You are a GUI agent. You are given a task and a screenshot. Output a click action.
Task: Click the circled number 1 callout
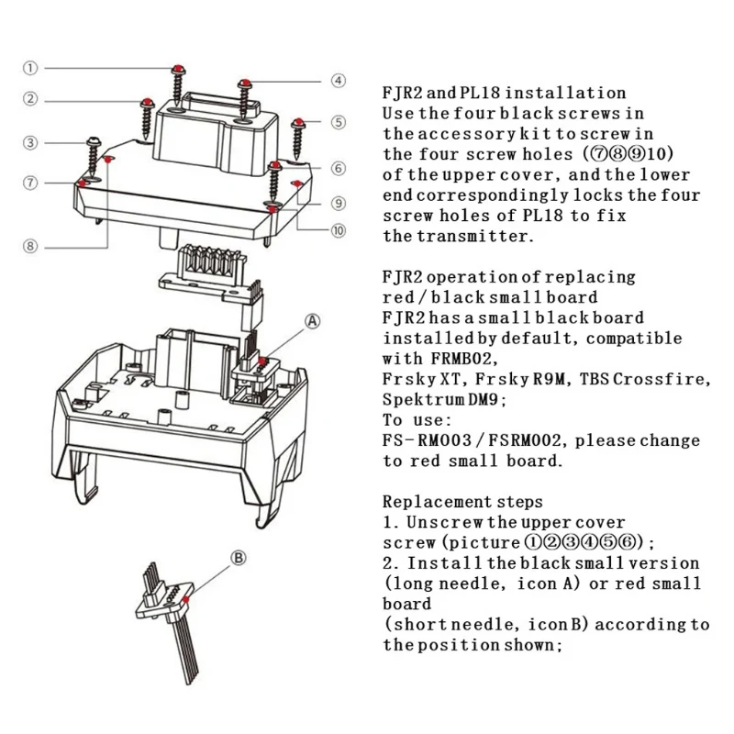point(30,68)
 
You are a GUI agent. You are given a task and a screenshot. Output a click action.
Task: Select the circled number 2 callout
point(30,100)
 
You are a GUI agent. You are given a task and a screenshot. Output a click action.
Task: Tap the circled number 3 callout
point(30,143)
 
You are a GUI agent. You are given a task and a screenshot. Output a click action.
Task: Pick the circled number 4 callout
point(339,81)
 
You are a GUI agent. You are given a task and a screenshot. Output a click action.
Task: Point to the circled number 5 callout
point(339,122)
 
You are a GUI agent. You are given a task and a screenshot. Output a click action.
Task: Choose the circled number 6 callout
point(339,169)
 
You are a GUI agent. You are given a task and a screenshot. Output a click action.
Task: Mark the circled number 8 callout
point(30,245)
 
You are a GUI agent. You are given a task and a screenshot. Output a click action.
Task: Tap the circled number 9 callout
point(339,203)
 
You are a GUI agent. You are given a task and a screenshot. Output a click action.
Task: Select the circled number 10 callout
point(339,231)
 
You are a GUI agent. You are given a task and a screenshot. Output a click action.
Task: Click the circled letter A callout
point(312,321)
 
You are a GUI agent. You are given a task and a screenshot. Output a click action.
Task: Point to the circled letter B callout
point(238,556)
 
